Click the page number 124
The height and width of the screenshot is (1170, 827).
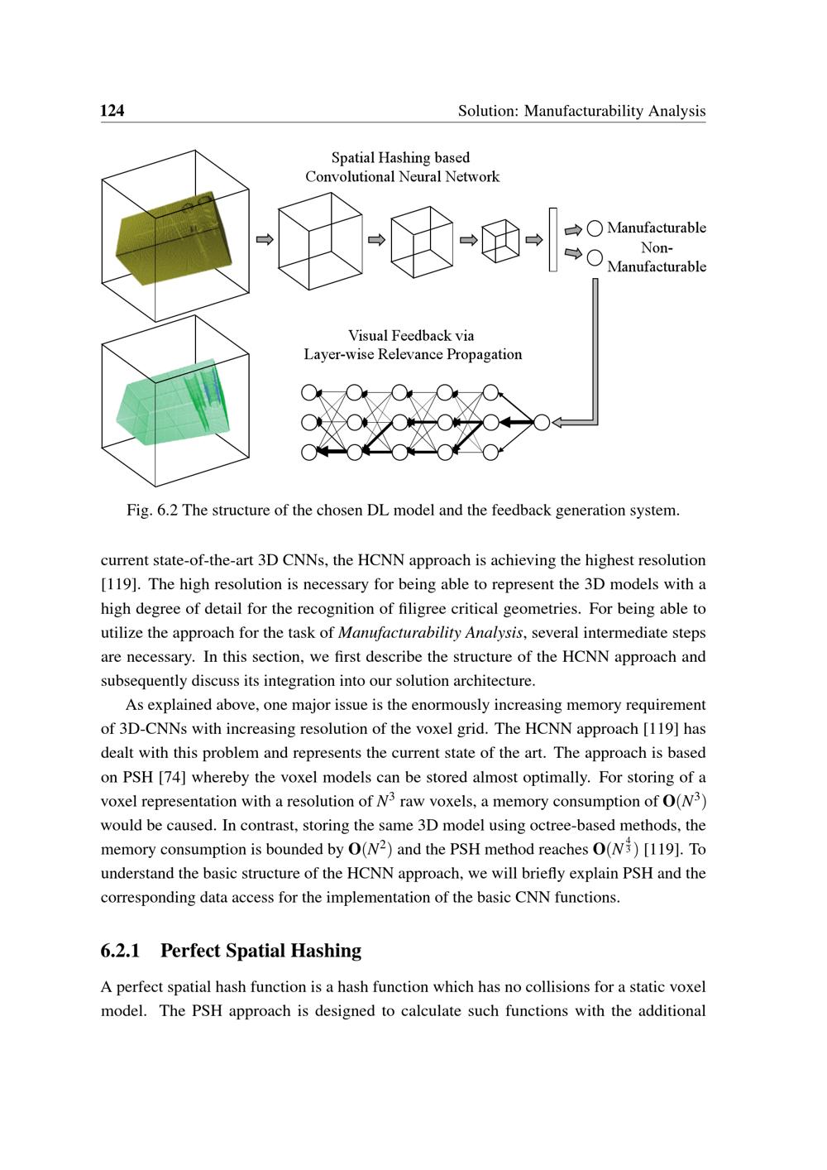point(112,110)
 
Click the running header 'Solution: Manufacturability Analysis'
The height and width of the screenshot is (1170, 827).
point(581,110)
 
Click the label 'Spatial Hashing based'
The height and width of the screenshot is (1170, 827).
point(400,157)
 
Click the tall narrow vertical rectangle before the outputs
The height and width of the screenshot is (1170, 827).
point(552,239)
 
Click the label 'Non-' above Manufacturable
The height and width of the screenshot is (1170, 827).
point(657,247)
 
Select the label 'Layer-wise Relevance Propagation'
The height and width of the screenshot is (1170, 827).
point(413,354)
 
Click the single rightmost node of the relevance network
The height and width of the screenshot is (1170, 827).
point(542,422)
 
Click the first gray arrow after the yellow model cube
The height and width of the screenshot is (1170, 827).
point(265,239)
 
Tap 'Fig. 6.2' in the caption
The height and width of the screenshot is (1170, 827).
point(152,510)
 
